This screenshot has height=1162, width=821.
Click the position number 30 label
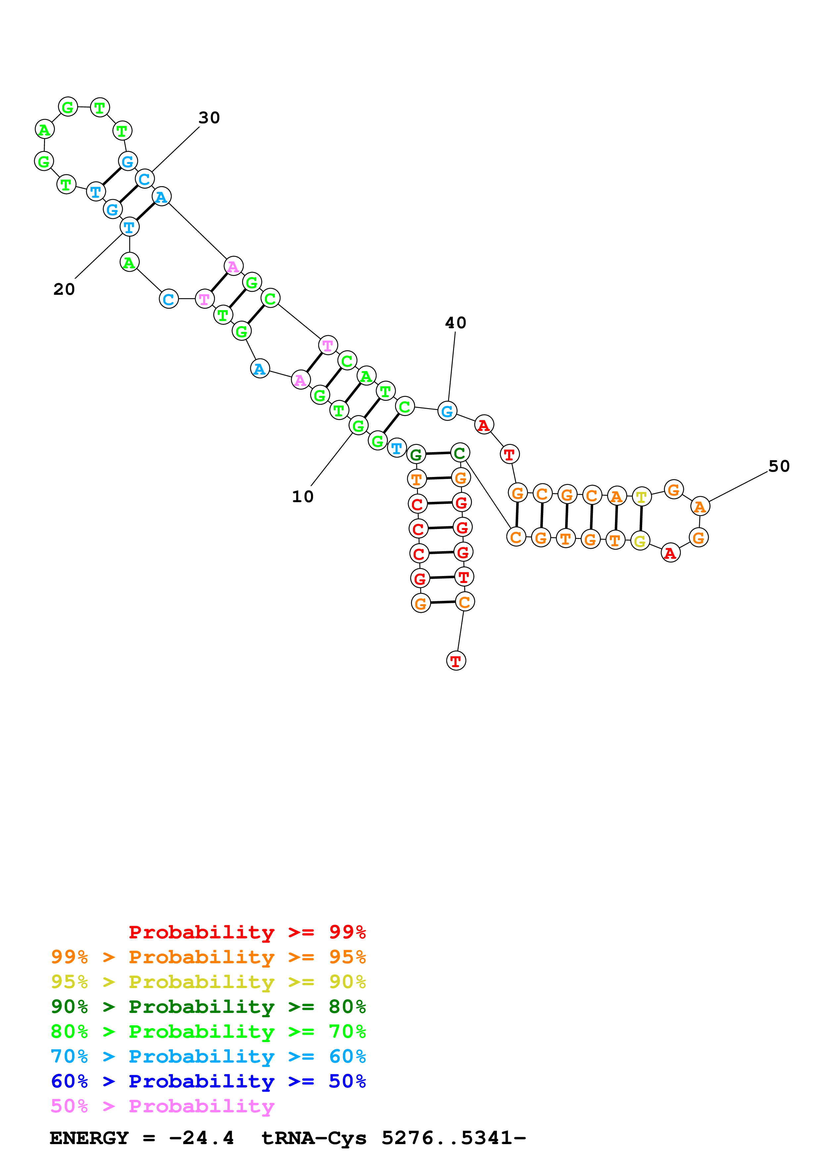(x=209, y=118)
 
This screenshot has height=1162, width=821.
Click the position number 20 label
(x=64, y=290)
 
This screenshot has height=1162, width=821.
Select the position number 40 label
(x=455, y=323)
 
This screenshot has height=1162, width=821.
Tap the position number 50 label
(x=779, y=466)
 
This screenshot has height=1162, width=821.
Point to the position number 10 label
(x=302, y=497)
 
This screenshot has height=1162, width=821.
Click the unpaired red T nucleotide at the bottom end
(x=456, y=660)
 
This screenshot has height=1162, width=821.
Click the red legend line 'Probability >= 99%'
(x=247, y=932)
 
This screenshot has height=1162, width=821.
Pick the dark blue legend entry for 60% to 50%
(x=208, y=1081)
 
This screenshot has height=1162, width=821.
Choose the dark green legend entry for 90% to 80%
(x=208, y=1007)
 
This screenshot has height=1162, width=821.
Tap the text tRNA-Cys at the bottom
(x=314, y=1138)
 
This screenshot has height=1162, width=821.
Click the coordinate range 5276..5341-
(x=454, y=1138)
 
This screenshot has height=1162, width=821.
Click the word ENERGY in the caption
(x=89, y=1138)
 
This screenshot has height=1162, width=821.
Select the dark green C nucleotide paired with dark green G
(x=460, y=453)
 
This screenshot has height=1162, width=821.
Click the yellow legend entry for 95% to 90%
(x=208, y=982)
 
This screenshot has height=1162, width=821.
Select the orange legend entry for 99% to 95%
(x=208, y=957)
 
